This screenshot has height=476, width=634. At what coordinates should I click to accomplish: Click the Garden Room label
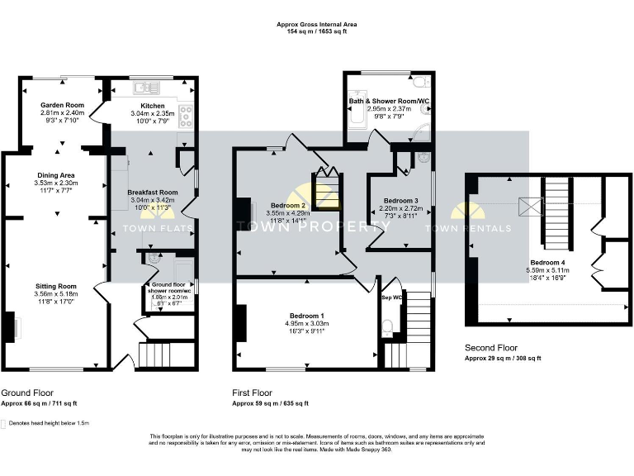coord(63,106)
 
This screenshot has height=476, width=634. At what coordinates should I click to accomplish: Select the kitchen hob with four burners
coord(186,115)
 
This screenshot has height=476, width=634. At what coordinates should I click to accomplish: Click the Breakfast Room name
coord(152,192)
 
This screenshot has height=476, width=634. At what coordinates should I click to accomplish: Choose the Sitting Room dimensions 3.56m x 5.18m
coord(55,293)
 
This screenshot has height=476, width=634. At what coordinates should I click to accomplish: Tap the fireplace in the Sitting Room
coord(13,326)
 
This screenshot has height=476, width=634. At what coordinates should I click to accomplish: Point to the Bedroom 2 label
coord(286,205)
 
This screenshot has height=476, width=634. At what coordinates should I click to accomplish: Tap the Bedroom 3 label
coord(400,201)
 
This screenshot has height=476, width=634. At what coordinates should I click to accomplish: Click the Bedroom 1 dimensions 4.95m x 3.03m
coord(305,323)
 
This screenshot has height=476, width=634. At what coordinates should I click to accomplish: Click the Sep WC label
coord(391,297)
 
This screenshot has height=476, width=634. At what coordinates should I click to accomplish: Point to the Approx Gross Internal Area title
coord(316,25)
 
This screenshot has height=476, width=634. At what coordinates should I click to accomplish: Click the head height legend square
coord(4,423)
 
